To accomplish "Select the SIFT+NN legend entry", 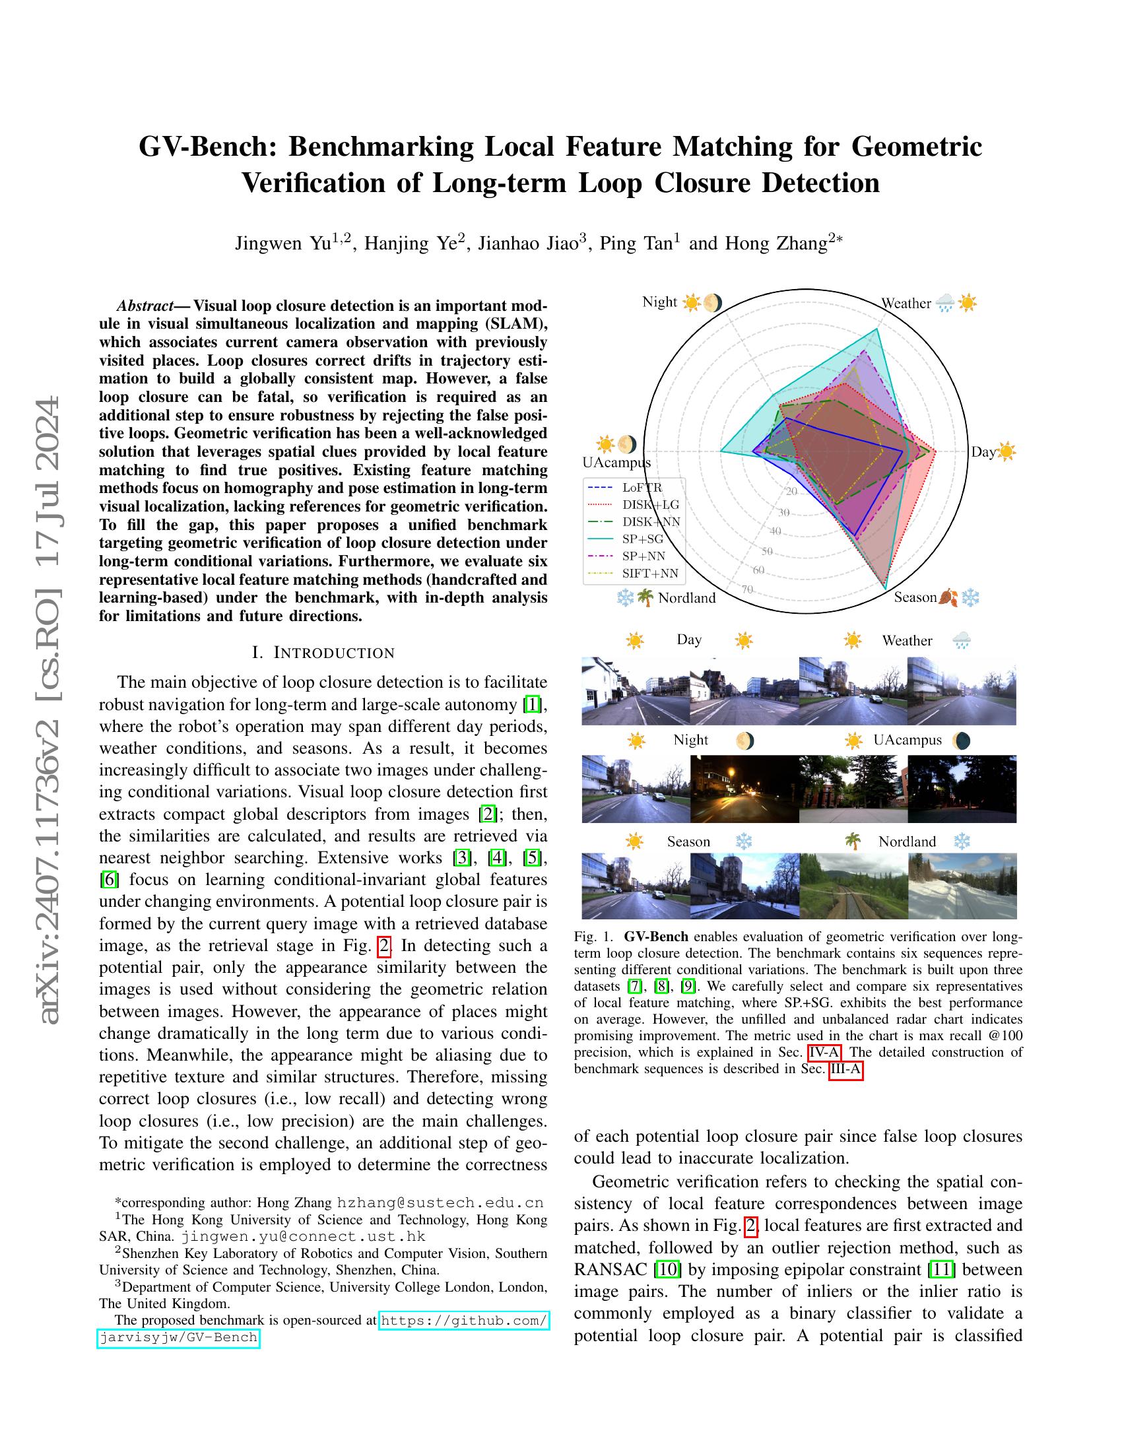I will (650, 573).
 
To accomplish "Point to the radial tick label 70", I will (746, 589).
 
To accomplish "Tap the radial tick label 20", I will (791, 491).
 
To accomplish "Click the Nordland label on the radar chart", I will (686, 598).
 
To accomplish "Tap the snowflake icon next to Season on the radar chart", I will (971, 597).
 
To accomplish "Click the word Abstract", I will (144, 306).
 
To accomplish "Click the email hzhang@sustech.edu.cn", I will (440, 1202).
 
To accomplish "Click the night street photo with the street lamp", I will (744, 789).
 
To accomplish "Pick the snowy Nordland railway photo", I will (962, 886).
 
